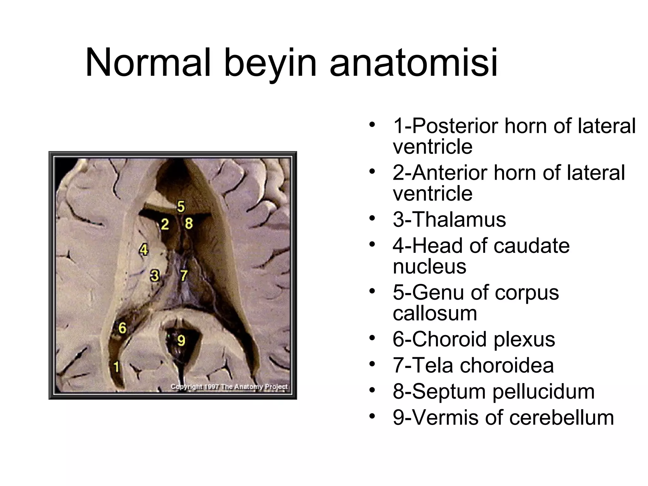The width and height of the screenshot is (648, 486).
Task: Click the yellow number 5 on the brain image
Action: tap(181, 207)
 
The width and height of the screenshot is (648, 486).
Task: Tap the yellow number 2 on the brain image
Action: tap(165, 224)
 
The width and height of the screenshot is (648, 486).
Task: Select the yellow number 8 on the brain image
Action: tap(189, 223)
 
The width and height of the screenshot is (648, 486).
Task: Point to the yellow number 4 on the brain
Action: tap(144, 250)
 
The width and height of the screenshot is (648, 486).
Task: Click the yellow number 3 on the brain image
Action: tap(154, 276)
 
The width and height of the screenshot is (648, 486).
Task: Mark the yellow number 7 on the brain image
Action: tap(184, 276)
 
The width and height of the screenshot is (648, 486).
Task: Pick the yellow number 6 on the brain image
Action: tap(122, 328)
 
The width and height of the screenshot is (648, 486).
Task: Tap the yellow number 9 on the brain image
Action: tap(181, 341)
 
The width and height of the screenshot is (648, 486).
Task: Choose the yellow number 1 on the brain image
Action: tap(116, 367)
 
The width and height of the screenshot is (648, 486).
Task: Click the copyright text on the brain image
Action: tap(229, 387)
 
